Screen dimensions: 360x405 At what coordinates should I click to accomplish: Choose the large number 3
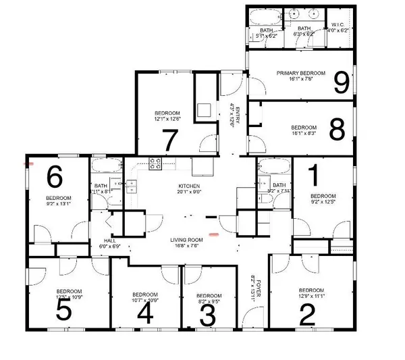point(209,315)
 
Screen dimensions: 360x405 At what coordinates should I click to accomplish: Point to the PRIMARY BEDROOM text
point(301,73)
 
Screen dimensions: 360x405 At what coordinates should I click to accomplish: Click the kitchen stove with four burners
point(155,162)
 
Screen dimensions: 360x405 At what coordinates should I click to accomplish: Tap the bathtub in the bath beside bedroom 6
point(106,165)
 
